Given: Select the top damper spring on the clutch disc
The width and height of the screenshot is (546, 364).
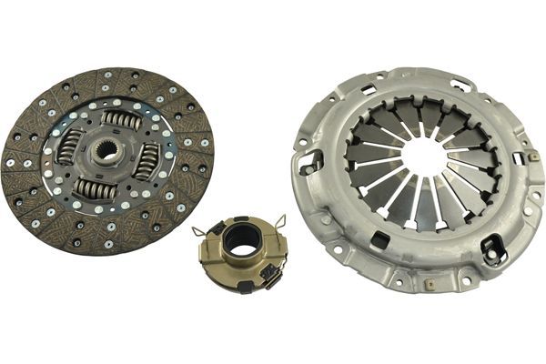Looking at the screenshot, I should [x=121, y=119].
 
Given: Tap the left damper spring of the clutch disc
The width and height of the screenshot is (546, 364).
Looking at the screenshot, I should [x=69, y=145].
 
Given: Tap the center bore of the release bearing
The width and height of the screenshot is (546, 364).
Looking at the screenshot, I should [x=242, y=238].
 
